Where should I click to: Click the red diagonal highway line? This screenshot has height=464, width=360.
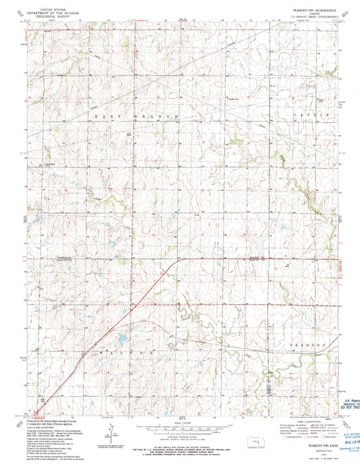(x=115, y=314)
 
